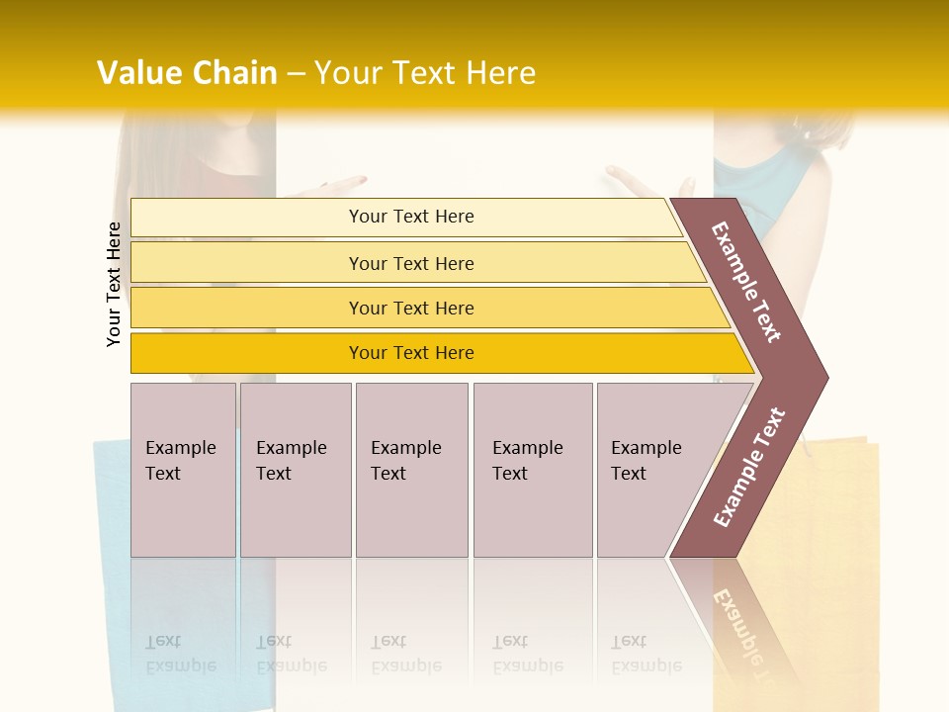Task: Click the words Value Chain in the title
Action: [x=187, y=73]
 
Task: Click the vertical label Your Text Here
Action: [x=114, y=284]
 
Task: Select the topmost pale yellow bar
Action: [x=410, y=217]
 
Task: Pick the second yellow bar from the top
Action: [x=410, y=263]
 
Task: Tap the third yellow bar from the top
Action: [x=410, y=308]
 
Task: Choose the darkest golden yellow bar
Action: [x=410, y=353]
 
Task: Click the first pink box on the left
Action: [x=183, y=470]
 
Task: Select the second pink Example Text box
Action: [x=296, y=470]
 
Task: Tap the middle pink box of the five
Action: [x=411, y=470]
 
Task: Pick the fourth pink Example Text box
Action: [x=533, y=470]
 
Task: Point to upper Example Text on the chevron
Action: [x=746, y=282]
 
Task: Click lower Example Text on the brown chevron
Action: [x=749, y=467]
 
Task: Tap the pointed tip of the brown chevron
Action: [x=822, y=377]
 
